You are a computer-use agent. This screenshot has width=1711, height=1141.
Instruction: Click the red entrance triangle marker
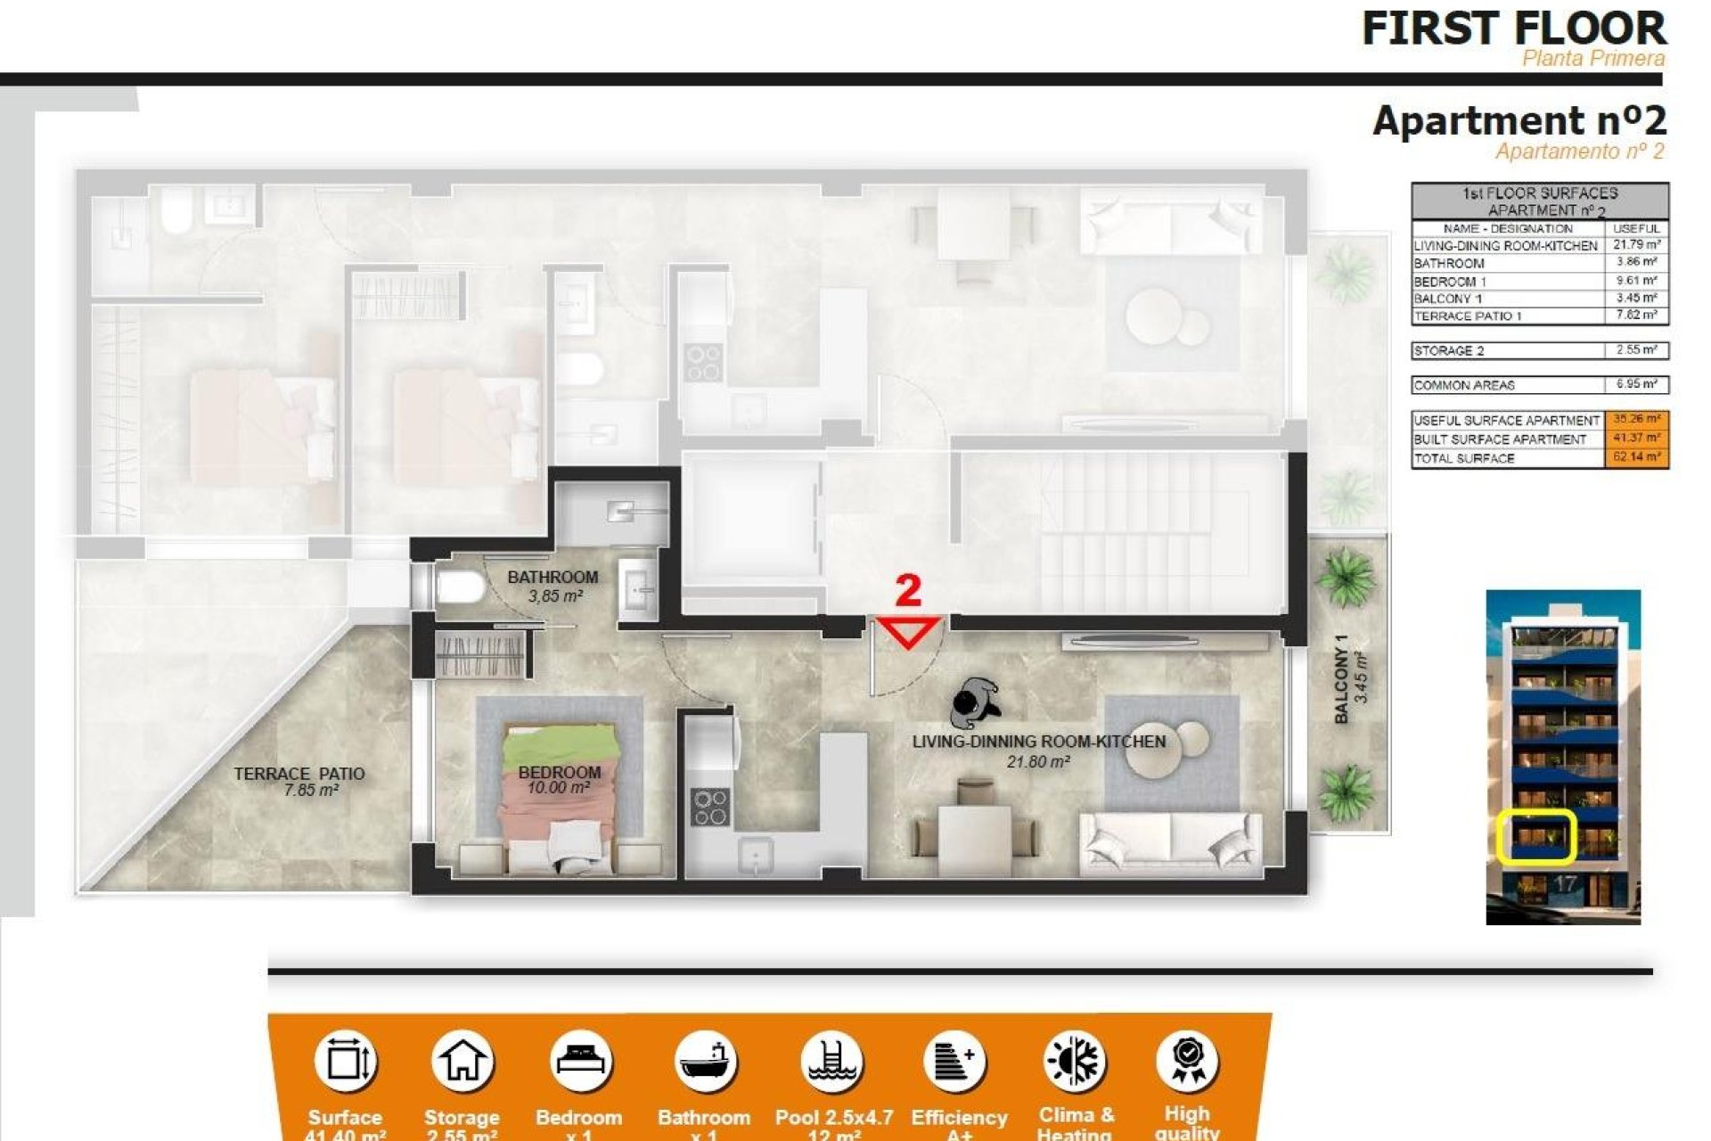(908, 631)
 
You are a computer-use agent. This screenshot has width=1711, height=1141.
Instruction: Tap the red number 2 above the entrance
(907, 591)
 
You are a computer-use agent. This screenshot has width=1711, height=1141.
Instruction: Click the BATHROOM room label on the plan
(553, 578)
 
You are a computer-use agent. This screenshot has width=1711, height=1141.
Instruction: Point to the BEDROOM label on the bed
(560, 773)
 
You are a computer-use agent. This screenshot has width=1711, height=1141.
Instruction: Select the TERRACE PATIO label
(299, 774)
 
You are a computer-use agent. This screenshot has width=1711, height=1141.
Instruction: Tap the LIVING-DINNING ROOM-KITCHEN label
(1038, 742)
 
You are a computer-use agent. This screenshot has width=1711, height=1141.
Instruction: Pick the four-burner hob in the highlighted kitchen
(710, 807)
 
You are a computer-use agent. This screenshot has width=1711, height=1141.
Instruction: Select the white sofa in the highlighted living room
(1170, 842)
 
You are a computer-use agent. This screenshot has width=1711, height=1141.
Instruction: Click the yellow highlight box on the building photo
(1535, 836)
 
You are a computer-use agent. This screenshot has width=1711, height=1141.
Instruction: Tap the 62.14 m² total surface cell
(1636, 458)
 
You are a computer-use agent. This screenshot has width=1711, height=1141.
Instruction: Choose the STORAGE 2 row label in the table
(1449, 351)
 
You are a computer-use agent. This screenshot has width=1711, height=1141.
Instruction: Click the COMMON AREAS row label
(1464, 386)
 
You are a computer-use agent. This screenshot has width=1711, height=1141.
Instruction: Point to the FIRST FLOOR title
(1513, 29)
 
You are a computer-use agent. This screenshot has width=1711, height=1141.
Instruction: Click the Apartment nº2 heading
(1519, 121)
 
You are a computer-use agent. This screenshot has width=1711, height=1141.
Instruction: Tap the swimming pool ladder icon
(831, 1062)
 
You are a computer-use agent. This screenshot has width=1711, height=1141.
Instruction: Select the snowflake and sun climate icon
(1074, 1062)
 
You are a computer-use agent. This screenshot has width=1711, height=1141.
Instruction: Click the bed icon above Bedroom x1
(580, 1062)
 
